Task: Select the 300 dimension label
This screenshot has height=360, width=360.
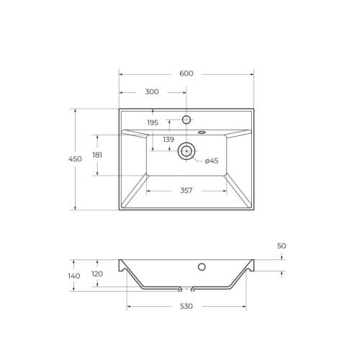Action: pos(153,92)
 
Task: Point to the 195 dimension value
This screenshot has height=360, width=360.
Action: pos(153,123)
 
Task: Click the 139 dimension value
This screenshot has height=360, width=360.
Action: pos(168,139)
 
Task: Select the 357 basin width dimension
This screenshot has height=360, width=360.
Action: pos(186,191)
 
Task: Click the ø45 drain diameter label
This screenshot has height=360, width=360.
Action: pos(212,161)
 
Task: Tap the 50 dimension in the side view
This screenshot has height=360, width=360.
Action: pos(282,246)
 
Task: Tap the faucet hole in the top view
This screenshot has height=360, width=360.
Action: pos(186,119)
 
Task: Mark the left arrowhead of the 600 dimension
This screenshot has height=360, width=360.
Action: pos(121,74)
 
